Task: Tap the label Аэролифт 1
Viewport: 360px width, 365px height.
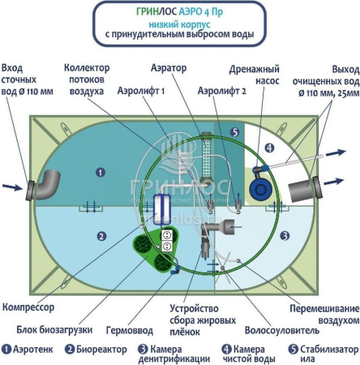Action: (142, 92)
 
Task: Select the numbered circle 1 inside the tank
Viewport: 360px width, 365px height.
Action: (99, 171)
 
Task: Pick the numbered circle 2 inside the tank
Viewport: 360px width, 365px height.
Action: (101, 236)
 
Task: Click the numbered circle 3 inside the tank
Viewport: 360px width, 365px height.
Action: (285, 235)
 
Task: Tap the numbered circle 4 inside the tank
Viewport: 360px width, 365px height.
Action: (268, 148)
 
